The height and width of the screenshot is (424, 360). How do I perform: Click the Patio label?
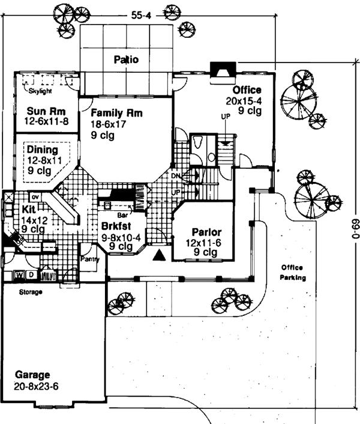[x=126, y=59]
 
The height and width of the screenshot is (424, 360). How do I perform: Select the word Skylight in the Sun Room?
[x=40, y=91]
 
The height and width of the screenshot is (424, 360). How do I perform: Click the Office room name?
[x=247, y=90]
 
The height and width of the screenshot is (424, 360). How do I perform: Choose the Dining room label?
[x=43, y=150]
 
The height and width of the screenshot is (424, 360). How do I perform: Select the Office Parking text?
[x=291, y=273]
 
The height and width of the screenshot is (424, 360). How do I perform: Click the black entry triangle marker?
[x=159, y=256]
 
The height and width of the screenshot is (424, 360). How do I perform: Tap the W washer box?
[x=18, y=275]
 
